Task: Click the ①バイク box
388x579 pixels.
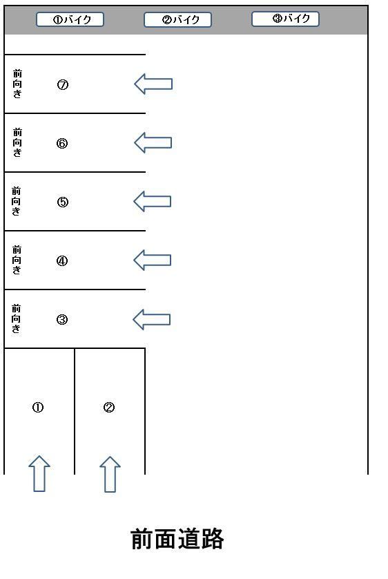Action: click(70, 19)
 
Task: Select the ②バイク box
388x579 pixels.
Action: click(177, 19)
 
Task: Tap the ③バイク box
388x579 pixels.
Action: click(285, 19)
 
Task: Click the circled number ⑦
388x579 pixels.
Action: click(63, 85)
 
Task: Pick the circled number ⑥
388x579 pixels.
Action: click(62, 143)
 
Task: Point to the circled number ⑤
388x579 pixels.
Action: click(63, 202)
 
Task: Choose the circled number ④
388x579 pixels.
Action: click(62, 261)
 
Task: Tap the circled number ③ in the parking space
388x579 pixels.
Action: click(62, 319)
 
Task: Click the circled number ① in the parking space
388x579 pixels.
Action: click(38, 407)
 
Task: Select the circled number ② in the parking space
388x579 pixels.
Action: click(109, 407)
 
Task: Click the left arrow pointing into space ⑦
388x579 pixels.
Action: click(153, 84)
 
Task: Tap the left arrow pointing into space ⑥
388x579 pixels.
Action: click(153, 142)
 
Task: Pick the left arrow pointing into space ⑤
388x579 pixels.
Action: click(153, 201)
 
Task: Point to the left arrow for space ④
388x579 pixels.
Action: click(153, 260)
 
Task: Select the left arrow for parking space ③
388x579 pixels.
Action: click(152, 319)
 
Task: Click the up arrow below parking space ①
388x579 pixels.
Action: click(39, 474)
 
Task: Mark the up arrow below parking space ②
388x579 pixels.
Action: click(110, 475)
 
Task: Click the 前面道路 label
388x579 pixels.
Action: click(177, 539)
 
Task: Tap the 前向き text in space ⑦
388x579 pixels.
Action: click(17, 84)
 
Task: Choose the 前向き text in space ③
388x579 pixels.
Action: click(16, 319)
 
